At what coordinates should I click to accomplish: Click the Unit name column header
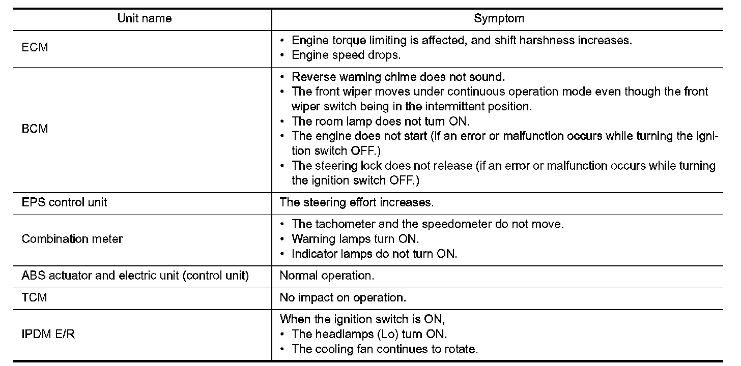145,19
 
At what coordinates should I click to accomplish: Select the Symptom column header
499,19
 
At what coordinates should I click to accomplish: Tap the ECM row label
35,48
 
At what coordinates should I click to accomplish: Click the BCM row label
35,129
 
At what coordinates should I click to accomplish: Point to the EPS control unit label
65,202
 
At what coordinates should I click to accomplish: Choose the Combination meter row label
72,238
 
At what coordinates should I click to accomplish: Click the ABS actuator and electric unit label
135,276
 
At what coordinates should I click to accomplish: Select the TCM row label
35,297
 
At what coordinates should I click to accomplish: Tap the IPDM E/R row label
48,334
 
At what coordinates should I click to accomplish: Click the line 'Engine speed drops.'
346,55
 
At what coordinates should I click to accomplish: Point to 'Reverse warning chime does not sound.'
398,77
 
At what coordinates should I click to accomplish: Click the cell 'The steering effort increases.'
357,202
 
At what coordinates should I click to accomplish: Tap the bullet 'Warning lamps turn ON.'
355,238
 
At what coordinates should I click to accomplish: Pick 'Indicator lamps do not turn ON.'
374,253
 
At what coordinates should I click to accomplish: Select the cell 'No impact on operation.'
343,297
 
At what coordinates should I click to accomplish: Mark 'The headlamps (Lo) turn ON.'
369,334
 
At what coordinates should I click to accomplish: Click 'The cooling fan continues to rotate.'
385,349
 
